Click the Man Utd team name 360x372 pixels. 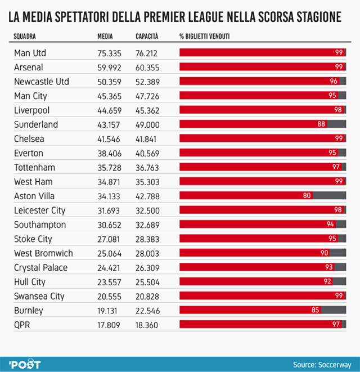pyautogui.click(x=30, y=53)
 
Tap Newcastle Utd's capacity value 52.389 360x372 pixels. pyautogui.click(x=146, y=82)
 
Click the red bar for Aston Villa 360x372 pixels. pyautogui.click(x=245, y=196)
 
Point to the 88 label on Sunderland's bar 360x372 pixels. pyautogui.click(x=321, y=124)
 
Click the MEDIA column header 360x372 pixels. pyautogui.click(x=105, y=37)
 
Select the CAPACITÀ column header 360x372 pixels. pyautogui.click(x=147, y=37)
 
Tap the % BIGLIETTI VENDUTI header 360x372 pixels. pyautogui.click(x=208, y=37)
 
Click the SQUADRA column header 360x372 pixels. pyautogui.click(x=25, y=37)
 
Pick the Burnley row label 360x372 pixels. pyautogui.click(x=28, y=310)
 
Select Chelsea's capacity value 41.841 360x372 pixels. pyautogui.click(x=146, y=138)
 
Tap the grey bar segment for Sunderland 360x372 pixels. pyautogui.click(x=336, y=124)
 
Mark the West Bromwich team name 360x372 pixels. pyautogui.click(x=43, y=253)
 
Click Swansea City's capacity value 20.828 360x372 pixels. pyautogui.click(x=146, y=295)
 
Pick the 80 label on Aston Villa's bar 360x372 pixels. pyautogui.click(x=307, y=196)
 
